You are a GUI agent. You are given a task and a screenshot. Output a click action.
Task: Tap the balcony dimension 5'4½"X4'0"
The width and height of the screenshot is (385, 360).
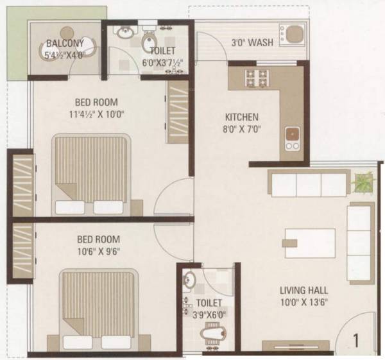pyautogui.click(x=64, y=55)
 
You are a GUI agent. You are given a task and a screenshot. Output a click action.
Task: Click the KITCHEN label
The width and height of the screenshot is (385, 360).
pyautogui.click(x=241, y=117)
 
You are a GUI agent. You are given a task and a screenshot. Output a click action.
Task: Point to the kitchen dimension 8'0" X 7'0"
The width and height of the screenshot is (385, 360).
pyautogui.click(x=241, y=129)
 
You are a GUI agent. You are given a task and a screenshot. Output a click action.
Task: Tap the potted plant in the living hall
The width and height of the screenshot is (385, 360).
pyautogui.click(x=361, y=182)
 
